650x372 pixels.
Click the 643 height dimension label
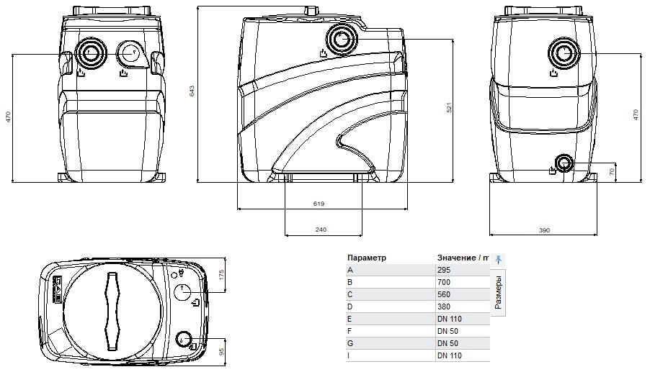click(192, 91)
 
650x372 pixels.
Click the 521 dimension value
click(448, 107)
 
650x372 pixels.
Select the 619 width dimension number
click(319, 204)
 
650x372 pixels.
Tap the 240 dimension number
click(321, 230)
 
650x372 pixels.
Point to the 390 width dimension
click(544, 230)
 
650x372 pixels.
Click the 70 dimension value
click(613, 171)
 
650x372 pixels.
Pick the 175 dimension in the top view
click(221, 275)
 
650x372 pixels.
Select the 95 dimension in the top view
click(221, 351)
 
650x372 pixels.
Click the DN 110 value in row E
click(450, 319)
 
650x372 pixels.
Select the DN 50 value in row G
click(448, 343)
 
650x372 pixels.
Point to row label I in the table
click(349, 355)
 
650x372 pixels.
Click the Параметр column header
click(367, 258)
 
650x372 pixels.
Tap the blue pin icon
click(498, 259)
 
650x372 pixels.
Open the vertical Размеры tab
click(498, 293)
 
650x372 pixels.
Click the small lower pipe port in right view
click(563, 164)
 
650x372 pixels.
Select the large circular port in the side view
click(341, 39)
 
